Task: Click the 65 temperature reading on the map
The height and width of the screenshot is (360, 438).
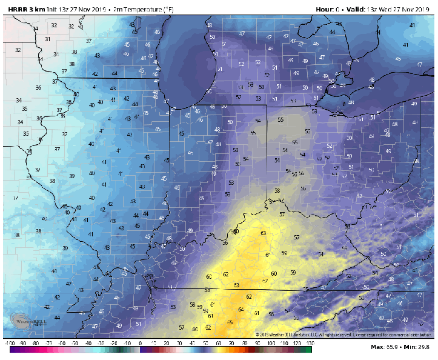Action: pos(230,322)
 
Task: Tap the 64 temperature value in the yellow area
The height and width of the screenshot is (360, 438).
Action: pos(241,310)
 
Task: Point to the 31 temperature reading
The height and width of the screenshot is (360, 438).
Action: pos(47,39)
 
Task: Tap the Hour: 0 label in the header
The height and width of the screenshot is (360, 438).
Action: pos(327,9)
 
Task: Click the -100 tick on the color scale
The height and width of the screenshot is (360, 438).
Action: pos(10,344)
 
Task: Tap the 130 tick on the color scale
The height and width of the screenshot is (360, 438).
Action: pos(310,344)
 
